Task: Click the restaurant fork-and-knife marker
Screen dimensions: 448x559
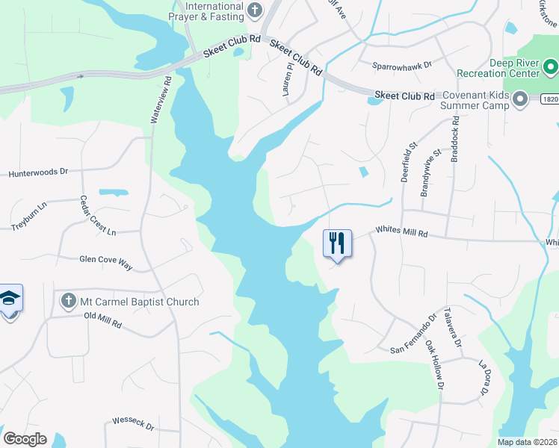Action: pos(337,243)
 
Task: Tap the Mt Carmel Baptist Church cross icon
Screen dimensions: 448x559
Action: pos(68,302)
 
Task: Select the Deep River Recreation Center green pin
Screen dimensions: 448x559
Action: pos(552,69)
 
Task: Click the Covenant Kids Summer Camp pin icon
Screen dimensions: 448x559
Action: pos(521,99)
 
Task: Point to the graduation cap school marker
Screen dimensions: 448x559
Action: pos(9,298)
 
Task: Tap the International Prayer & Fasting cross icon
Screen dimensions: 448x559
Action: pos(255,10)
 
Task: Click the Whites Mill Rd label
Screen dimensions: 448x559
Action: pos(401,233)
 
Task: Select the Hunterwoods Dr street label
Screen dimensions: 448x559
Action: pos(38,172)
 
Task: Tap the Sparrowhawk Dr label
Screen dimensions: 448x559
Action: pos(402,66)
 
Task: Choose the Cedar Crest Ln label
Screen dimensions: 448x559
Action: pos(99,216)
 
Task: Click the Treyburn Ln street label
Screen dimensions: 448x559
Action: pos(28,217)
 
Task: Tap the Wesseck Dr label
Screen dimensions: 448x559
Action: pos(132,426)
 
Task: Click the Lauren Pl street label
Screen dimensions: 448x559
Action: pos(288,78)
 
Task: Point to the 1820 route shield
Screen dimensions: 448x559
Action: pos(550,99)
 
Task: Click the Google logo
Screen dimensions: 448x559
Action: pos(25,438)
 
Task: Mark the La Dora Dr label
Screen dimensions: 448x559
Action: pos(484,378)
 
